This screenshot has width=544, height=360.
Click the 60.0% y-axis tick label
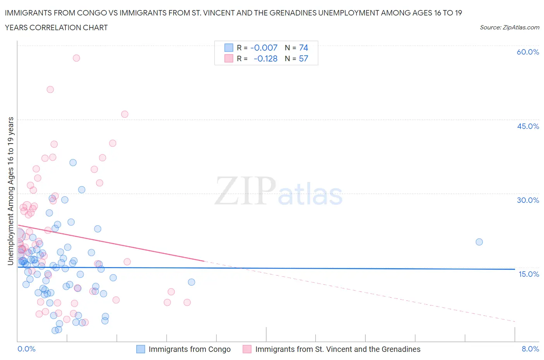coord(527,52)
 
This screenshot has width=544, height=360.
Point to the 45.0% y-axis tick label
coord(528,126)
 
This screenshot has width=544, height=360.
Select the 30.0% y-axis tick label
coord(528,200)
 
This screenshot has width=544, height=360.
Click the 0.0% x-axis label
coord(26,349)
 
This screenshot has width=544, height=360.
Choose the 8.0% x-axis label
coord(530,349)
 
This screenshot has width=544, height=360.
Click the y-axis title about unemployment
coord(10,191)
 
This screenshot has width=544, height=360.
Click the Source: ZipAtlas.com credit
coord(509,27)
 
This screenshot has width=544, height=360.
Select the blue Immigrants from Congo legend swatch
coord(141,349)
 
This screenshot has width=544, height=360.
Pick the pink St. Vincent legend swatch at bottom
coord(247,349)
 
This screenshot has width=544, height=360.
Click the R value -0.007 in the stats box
coord(264,48)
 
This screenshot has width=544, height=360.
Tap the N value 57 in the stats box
coord(303,58)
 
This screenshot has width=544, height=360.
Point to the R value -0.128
coord(265,58)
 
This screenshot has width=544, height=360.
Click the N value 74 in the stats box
coord(303,48)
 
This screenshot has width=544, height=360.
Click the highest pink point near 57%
coord(76,58)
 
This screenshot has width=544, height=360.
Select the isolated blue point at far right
coord(479,242)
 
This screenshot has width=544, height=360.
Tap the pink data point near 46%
coord(125,114)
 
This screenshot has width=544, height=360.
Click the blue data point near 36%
coord(73,163)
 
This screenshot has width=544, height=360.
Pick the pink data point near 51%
coord(50,89)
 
